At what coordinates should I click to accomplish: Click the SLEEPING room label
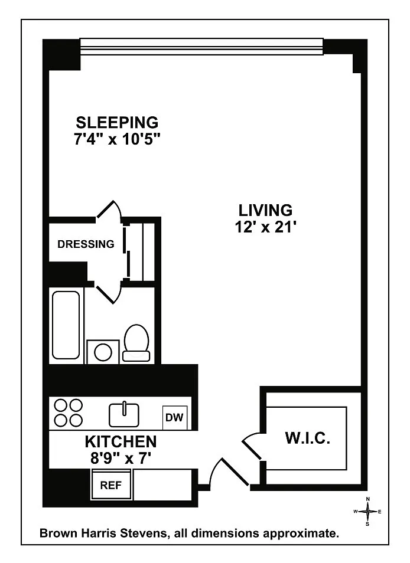coord(117,123)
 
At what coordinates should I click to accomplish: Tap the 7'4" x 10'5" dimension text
coord(117,139)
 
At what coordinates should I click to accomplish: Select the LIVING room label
coord(265,211)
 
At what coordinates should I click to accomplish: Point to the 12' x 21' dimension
coord(265,227)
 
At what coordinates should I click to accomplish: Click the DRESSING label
coord(86,244)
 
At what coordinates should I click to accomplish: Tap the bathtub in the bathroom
coord(66,325)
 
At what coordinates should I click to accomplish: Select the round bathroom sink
coord(103,352)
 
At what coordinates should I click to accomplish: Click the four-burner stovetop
coord(69,413)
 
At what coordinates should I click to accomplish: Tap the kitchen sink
coord(124,414)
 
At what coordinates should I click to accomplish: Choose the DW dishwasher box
coord(175,417)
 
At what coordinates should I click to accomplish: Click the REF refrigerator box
coord(111,485)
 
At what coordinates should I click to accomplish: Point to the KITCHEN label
coord(121,442)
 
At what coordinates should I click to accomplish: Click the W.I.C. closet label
coord(308,438)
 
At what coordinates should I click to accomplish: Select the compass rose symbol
coord(367,511)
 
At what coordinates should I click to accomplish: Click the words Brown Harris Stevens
coord(103,533)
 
